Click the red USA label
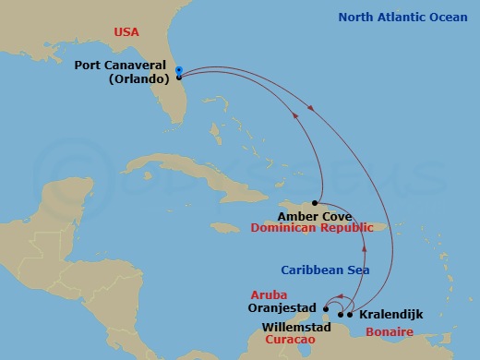click(x=126, y=32)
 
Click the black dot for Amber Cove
click(x=315, y=203)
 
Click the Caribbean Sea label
click(x=325, y=270)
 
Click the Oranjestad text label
click(x=283, y=308)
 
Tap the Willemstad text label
click(x=294, y=326)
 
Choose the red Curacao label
click(x=291, y=340)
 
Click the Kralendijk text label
click(x=392, y=315)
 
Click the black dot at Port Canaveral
click(x=178, y=78)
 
